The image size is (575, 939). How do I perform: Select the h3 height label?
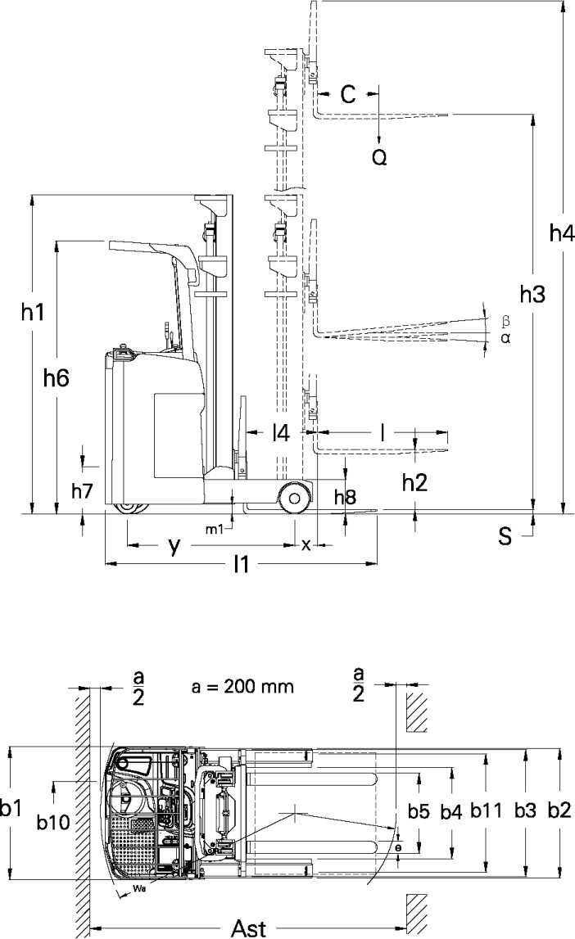click(x=532, y=294)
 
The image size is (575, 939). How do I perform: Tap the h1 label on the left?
click(x=33, y=311)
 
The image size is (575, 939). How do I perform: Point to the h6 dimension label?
click(x=57, y=377)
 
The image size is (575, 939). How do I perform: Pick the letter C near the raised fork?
click(x=348, y=94)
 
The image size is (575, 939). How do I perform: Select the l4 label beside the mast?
click(x=281, y=433)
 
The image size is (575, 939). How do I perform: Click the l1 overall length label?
click(x=242, y=563)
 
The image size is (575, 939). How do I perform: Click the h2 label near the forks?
click(x=415, y=482)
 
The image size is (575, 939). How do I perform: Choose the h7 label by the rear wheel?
click(x=83, y=491)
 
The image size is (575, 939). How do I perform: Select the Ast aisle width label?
click(x=249, y=928)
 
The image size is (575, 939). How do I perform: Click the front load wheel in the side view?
click(x=294, y=498)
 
